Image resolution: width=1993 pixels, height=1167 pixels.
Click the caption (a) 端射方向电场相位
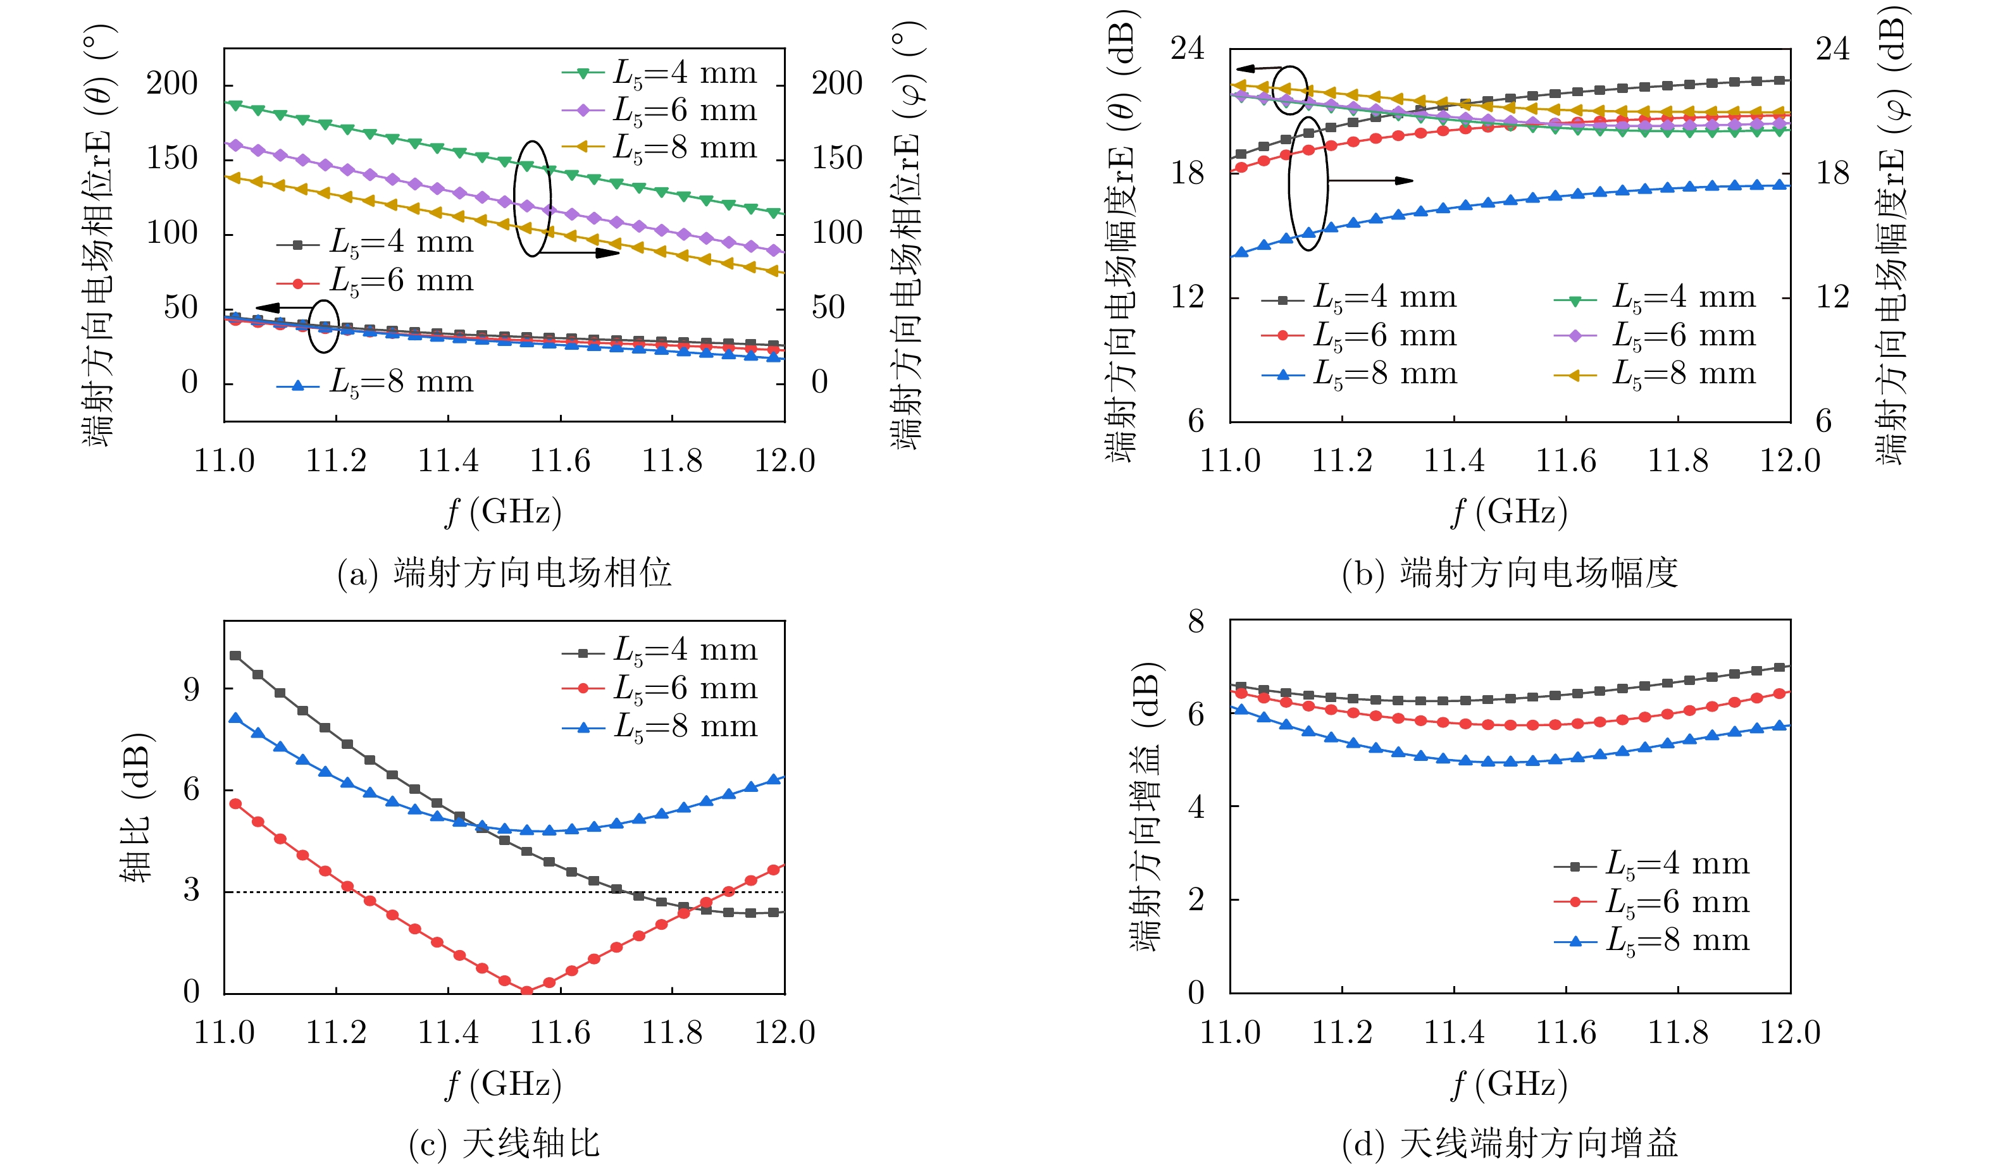pos(505,572)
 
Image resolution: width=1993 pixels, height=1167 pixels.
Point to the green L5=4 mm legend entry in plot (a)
pos(659,73)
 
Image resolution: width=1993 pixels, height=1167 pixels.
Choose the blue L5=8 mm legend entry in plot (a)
pos(375,383)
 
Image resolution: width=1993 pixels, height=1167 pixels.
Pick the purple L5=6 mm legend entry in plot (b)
pos(1655,336)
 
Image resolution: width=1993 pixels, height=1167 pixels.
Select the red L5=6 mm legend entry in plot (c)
pos(659,689)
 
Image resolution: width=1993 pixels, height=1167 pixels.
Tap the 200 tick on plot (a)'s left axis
pos(172,83)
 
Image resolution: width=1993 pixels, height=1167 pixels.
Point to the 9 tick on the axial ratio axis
pos(191,689)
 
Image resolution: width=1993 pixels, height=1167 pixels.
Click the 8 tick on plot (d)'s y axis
pos(1196,621)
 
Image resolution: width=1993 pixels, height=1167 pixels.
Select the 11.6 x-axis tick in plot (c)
pos(560,1032)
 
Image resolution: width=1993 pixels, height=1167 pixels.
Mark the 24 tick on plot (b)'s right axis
pos(1832,49)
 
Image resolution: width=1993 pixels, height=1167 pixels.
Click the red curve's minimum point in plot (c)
pos(526,990)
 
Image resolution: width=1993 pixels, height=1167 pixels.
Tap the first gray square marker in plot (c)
pos(235,655)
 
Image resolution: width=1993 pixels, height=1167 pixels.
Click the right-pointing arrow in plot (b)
pos(1370,180)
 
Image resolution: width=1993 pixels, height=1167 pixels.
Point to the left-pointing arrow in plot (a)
pos(282,307)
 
